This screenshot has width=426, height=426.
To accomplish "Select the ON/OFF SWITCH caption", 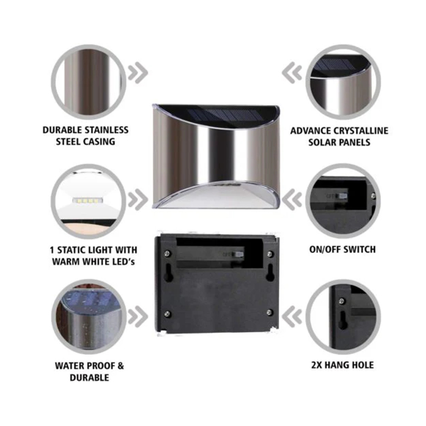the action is pos(342,249).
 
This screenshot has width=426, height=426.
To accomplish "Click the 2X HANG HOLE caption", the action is pos(342,365).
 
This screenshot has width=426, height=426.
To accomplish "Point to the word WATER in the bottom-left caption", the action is pos(68,366).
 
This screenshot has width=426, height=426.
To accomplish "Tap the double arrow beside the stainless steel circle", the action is pos(138,73).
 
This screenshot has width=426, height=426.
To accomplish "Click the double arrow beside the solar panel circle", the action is pos(292,73).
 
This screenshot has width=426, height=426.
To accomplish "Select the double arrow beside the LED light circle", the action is pos(138,200).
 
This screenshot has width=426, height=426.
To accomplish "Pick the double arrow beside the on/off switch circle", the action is pos(292,200).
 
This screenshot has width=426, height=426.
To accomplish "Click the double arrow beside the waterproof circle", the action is pos(138,316).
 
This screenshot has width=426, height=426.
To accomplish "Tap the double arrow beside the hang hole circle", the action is pos(292,316).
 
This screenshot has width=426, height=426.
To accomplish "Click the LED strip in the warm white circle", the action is pos(88,201).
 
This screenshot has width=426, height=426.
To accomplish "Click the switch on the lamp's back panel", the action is pos(239,255).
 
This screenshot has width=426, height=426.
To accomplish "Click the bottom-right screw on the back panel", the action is pos(269,312).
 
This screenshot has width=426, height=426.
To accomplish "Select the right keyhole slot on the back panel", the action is pos(270,272).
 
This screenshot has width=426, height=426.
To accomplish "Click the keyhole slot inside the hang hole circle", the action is pos(343,320).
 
